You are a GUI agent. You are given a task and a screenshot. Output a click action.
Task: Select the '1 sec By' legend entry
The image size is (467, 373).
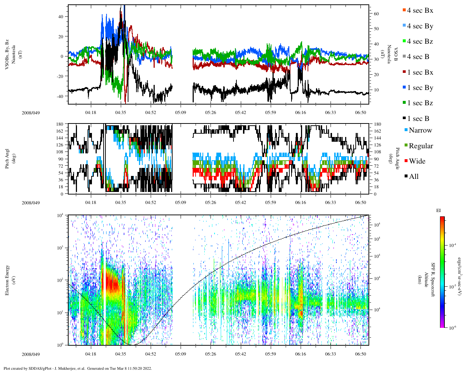point(420,88)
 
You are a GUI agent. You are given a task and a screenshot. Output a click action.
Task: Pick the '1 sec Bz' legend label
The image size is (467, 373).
point(420,103)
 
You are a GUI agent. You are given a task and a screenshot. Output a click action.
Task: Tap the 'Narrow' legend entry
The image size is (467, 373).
point(420,130)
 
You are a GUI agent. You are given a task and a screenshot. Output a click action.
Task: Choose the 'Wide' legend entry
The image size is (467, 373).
point(417,161)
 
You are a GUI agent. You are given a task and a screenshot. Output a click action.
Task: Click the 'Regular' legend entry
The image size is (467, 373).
point(421,146)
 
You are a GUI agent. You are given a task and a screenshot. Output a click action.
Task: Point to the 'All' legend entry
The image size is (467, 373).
point(413,177)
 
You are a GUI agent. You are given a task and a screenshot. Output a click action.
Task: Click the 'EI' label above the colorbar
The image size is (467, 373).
point(439,211)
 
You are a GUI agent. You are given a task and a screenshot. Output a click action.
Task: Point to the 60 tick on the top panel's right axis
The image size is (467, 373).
point(376,14)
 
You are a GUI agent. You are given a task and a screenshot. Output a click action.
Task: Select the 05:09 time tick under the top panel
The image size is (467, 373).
point(180,113)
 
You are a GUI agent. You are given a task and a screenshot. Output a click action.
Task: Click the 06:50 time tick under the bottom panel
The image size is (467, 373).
point(360,354)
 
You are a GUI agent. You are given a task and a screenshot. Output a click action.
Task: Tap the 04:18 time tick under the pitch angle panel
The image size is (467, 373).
point(90,203)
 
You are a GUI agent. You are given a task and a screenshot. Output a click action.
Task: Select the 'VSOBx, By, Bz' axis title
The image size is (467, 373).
point(7,55)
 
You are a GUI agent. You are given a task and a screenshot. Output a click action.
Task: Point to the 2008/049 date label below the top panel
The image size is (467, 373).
point(31,113)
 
